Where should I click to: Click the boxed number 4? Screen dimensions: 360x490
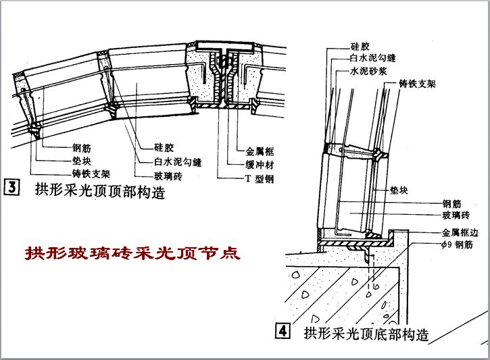282,332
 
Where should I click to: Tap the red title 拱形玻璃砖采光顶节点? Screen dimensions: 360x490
132,255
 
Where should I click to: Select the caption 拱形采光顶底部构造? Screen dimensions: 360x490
366,333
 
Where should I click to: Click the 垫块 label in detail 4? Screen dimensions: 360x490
399,191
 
